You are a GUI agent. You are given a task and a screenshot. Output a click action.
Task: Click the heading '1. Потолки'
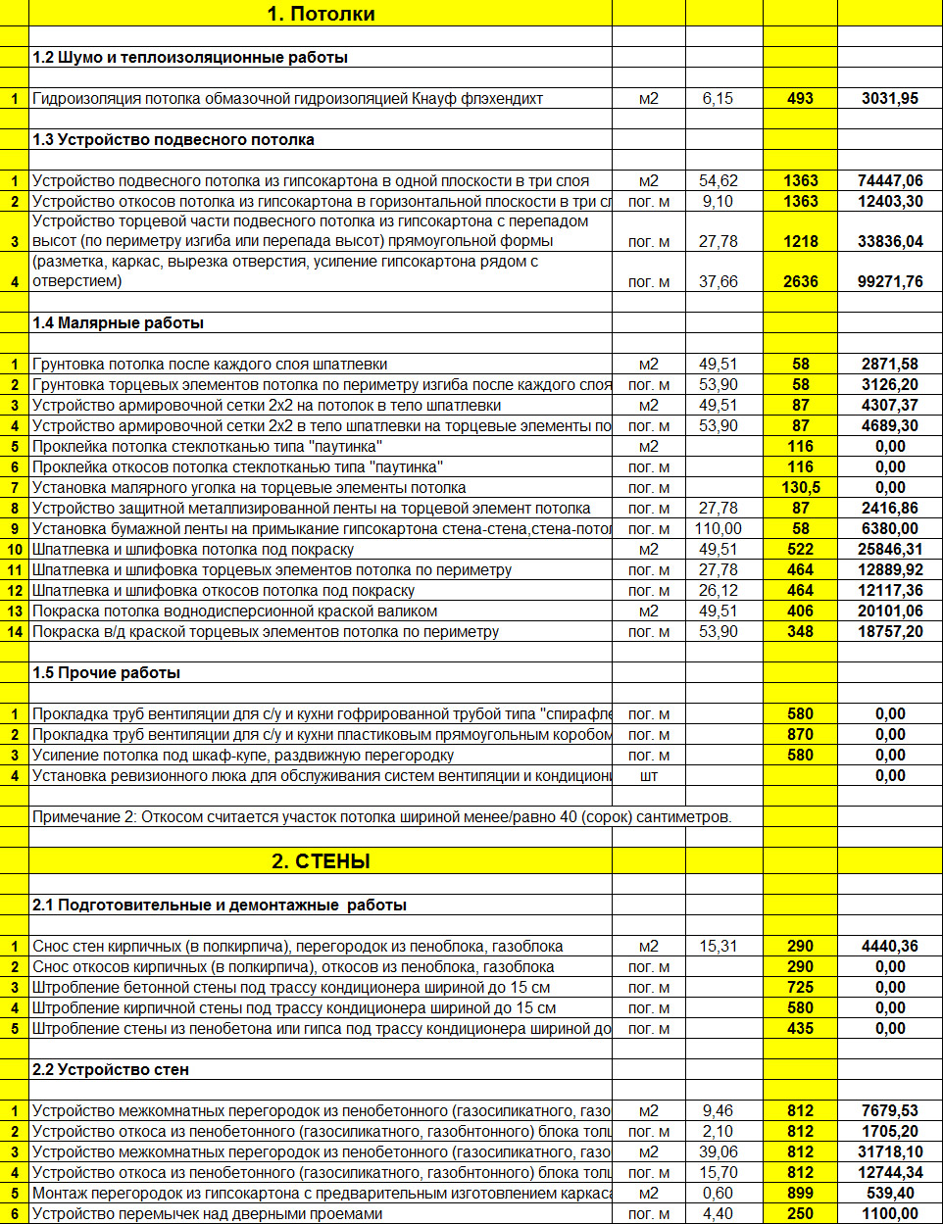(x=321, y=14)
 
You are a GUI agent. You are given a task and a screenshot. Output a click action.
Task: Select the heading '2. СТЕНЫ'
(x=321, y=861)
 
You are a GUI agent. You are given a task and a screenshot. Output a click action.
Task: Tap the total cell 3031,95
(x=890, y=98)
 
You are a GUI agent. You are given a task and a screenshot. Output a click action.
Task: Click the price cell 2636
(x=800, y=281)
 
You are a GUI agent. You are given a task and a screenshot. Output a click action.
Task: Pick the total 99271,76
(x=890, y=281)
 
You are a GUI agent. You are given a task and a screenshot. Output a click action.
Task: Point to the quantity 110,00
(x=718, y=528)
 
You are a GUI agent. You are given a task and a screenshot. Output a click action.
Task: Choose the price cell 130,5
(x=800, y=487)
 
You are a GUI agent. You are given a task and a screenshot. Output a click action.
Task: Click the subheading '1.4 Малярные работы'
(x=118, y=322)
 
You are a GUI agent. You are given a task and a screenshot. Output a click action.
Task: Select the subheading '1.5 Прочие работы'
(x=106, y=672)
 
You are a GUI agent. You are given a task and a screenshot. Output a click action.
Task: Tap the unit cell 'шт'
(x=648, y=775)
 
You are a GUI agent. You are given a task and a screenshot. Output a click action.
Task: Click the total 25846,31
(x=890, y=549)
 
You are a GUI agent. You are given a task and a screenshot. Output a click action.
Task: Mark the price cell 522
(x=800, y=549)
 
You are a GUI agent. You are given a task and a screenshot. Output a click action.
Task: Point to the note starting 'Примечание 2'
(x=381, y=816)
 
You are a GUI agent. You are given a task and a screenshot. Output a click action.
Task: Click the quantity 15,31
(x=718, y=946)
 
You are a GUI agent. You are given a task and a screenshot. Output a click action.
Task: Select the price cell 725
(x=800, y=987)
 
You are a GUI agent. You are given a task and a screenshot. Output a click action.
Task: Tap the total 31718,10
(x=890, y=1151)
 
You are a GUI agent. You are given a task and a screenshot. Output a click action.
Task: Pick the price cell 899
(x=800, y=1193)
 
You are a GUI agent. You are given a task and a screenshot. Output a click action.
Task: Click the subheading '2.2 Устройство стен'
(x=110, y=1069)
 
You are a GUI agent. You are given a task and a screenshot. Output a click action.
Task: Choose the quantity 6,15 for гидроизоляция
(x=718, y=98)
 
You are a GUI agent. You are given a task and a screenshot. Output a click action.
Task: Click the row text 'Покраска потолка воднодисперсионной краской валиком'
(x=234, y=611)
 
